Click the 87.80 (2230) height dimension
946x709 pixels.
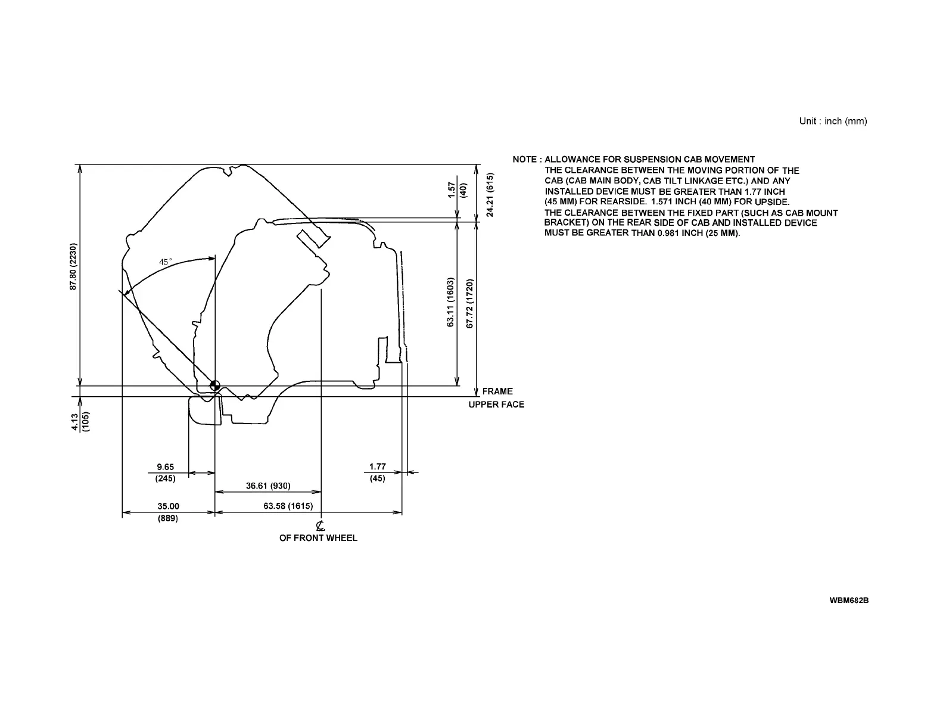coord(73,266)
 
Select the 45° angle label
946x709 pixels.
coord(165,262)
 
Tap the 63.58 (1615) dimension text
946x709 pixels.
coord(288,506)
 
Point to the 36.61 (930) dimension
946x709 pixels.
coord(268,486)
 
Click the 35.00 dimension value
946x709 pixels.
coord(168,506)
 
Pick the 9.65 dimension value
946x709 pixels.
coord(166,467)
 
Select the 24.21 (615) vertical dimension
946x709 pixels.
coord(490,195)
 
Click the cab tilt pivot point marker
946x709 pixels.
coord(214,386)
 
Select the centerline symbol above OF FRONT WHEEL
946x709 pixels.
coord(320,525)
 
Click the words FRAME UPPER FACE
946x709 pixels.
coord(497,398)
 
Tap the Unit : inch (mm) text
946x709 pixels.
coord(833,122)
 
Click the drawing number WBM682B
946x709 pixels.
coord(849,600)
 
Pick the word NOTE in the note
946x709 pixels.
coord(524,160)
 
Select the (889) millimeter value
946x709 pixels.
coord(168,518)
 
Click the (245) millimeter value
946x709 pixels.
coord(166,478)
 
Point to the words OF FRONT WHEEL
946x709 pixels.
coord(318,538)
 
